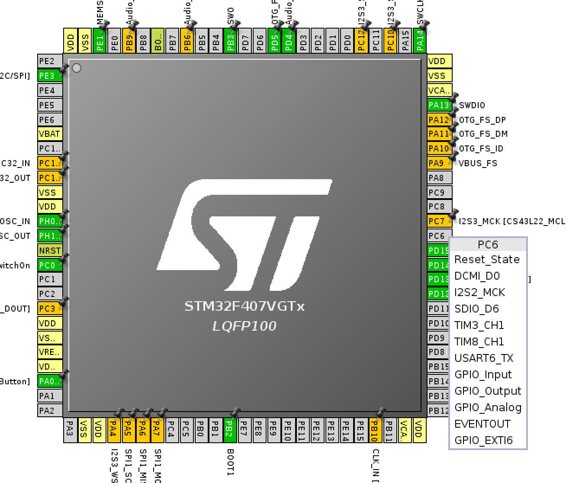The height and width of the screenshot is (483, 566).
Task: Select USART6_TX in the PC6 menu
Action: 484,358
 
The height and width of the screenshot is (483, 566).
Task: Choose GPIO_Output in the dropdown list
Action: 488,391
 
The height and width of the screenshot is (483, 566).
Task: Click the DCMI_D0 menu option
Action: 477,276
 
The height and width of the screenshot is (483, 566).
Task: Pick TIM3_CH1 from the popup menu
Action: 479,325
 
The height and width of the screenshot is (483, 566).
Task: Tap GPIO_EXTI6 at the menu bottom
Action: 483,441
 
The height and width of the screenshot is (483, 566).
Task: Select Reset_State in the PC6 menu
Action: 487,260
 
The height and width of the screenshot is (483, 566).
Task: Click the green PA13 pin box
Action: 439,105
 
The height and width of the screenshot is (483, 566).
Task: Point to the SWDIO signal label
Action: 472,105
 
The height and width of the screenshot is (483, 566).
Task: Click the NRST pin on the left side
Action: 50,251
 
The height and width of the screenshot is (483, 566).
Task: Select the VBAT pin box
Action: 50,134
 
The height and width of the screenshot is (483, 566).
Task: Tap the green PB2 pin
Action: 229,430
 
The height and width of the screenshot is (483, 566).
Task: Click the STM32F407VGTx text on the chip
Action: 244,306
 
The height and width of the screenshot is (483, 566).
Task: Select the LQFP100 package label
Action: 244,326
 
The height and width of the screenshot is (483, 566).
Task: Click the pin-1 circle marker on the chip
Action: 77,68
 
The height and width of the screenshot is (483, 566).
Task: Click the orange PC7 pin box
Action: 438,221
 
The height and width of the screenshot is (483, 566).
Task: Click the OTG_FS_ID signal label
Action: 481,148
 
